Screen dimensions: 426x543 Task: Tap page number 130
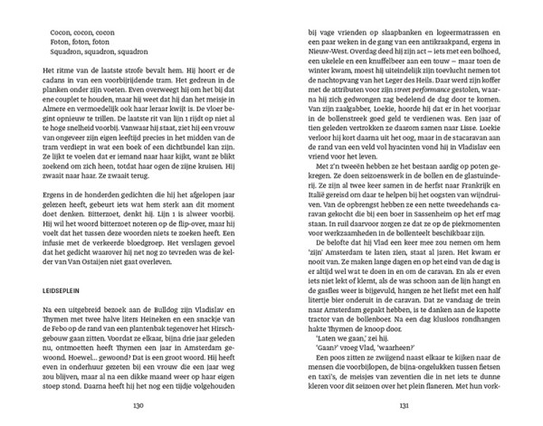(138, 404)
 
